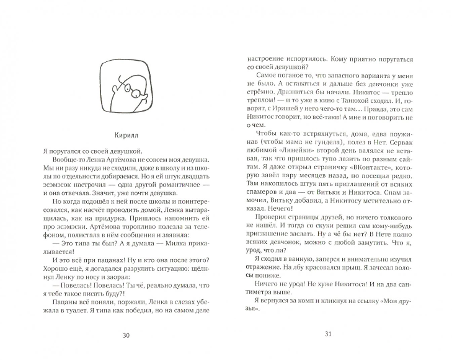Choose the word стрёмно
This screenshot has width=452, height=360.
click(x=262, y=107)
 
